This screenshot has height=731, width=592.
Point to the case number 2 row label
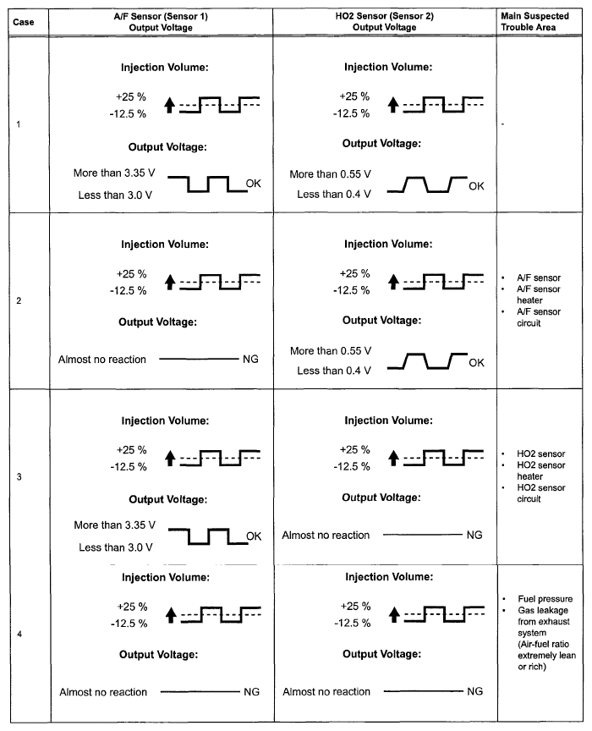(19, 301)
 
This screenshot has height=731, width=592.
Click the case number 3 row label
(19, 478)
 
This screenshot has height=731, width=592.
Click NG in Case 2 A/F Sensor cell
(250, 360)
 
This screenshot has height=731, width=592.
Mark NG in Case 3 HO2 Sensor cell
(474, 535)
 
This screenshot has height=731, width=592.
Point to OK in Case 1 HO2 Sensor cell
(476, 186)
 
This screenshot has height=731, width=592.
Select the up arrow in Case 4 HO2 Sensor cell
(393, 616)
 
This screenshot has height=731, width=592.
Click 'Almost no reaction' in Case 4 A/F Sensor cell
(102, 692)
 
